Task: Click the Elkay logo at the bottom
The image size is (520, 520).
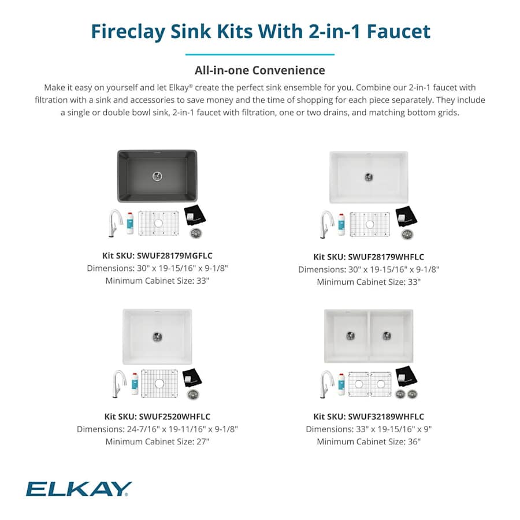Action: click(79, 489)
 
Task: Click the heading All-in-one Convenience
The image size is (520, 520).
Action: click(259, 70)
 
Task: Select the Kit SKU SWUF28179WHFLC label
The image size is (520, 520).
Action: click(369, 257)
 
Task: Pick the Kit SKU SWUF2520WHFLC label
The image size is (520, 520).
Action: click(157, 416)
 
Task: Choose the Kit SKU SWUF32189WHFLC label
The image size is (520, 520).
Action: click(369, 416)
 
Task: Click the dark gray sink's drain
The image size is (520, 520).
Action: click(158, 175)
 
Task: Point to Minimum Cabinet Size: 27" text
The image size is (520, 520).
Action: click(157, 441)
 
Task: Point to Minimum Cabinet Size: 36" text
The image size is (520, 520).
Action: click(369, 441)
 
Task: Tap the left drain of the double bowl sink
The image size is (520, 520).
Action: click(350, 335)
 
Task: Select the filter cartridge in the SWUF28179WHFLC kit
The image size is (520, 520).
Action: click(341, 224)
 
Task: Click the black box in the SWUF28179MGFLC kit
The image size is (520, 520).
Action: click(194, 216)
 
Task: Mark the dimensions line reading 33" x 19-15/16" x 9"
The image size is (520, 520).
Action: click(369, 429)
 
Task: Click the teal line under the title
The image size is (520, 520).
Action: click(259, 54)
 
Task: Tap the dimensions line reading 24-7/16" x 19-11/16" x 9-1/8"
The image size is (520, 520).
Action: click(157, 429)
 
